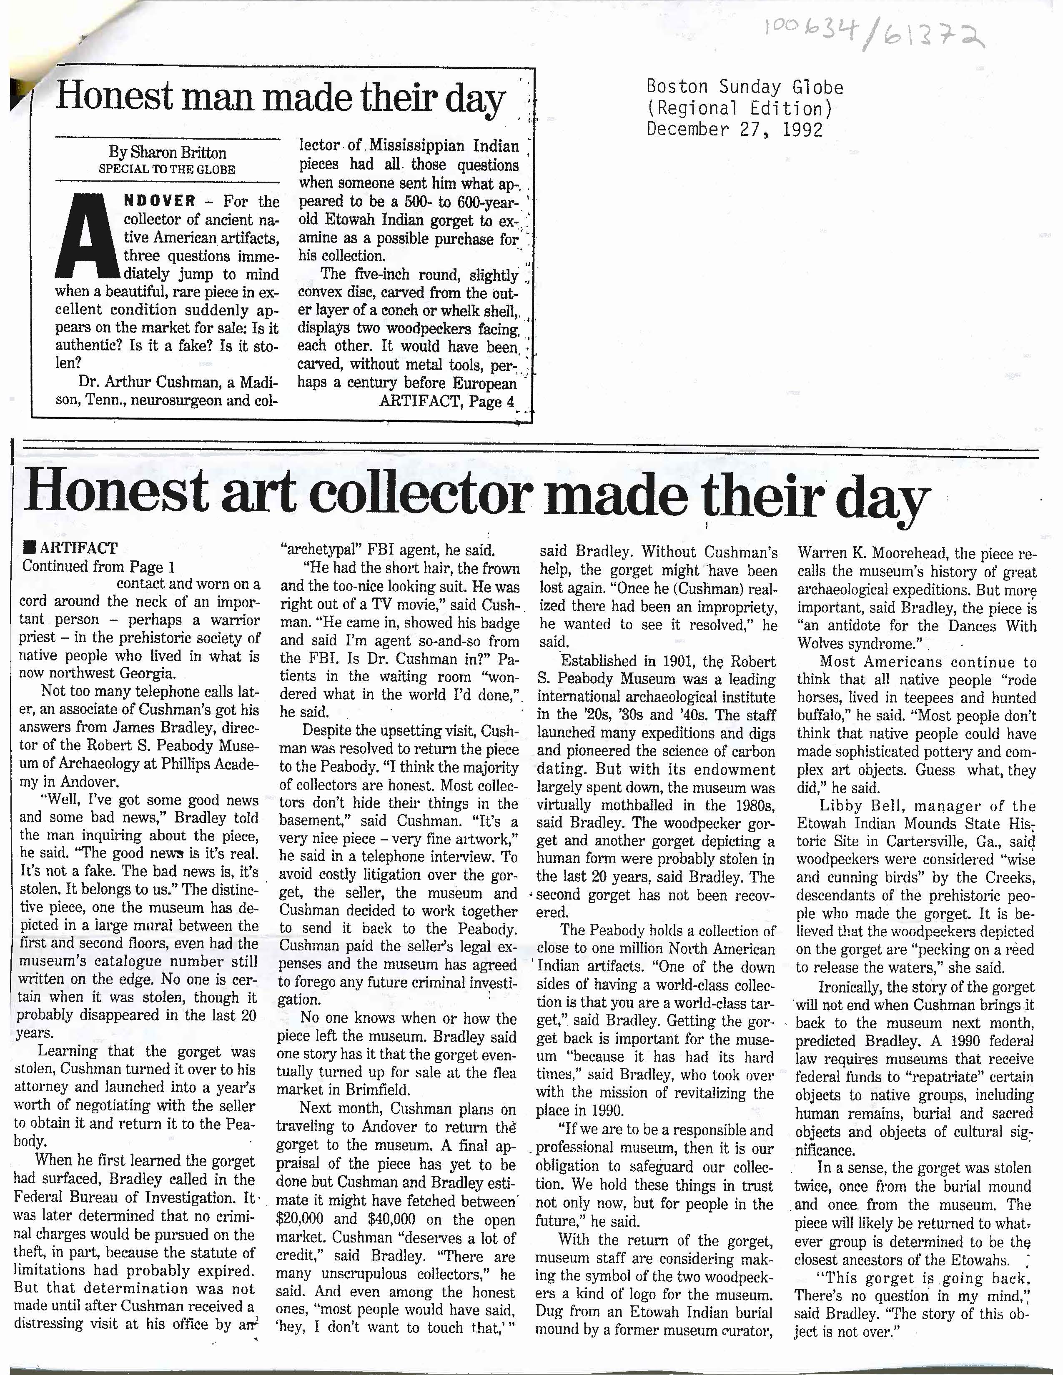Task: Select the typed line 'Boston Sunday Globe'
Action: pyautogui.click(x=745, y=87)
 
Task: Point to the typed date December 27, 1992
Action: pyautogui.click(x=735, y=129)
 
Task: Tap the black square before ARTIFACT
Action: pyautogui.click(x=27, y=547)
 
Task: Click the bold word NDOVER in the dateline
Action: pyautogui.click(x=160, y=202)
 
